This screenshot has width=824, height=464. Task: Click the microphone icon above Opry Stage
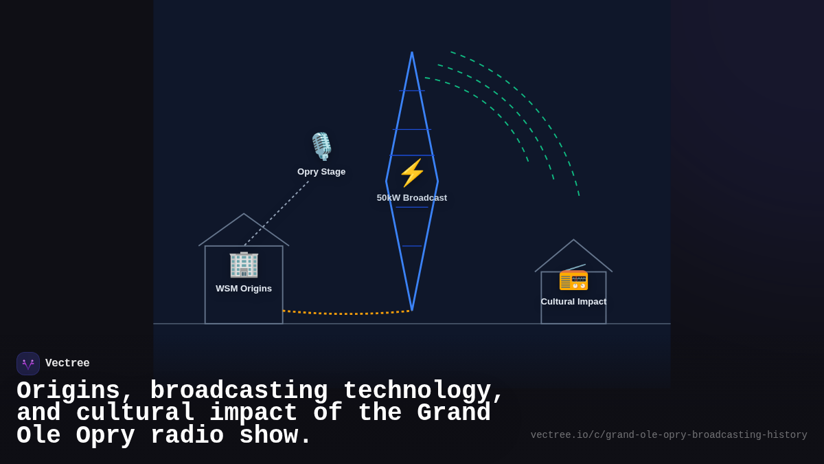click(x=321, y=146)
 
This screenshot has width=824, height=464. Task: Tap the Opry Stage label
click(x=321, y=172)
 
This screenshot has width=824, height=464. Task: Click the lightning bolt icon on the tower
click(x=412, y=173)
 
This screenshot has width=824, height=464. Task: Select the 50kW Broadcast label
click(x=412, y=198)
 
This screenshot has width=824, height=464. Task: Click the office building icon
click(x=244, y=264)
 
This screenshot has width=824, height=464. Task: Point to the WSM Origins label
click(x=244, y=289)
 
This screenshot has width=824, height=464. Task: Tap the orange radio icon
click(x=573, y=278)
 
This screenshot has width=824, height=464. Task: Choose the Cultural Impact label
click(x=573, y=302)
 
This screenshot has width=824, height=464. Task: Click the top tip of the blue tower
click(x=412, y=53)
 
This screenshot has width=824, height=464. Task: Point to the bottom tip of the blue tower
click(x=412, y=309)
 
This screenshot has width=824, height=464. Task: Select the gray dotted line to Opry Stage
click(x=276, y=213)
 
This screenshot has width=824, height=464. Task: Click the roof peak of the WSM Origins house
click(x=244, y=214)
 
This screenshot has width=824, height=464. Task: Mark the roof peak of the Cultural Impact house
click(x=574, y=240)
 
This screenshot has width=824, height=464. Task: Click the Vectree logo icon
click(x=28, y=364)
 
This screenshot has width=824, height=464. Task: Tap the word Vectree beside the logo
click(x=67, y=364)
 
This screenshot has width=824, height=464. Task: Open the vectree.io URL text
click(x=668, y=435)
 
